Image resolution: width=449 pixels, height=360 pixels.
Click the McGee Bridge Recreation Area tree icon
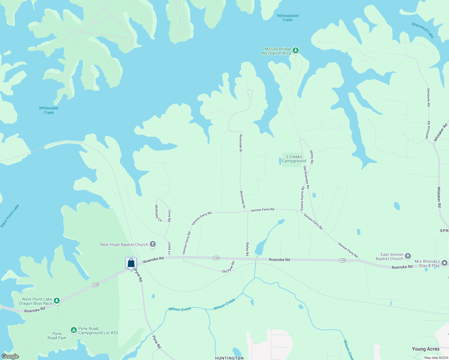(296, 50)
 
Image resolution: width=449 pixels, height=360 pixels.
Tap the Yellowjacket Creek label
(288, 18)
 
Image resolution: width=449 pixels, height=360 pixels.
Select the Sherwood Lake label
(423, 30)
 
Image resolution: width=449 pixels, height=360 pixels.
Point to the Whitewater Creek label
(49, 110)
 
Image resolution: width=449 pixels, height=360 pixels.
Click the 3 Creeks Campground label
(294, 159)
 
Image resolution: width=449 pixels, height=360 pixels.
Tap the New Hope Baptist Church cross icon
(153, 244)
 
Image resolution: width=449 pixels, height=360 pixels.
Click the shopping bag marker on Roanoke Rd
(131, 263)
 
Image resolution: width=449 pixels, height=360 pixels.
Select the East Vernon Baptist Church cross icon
(408, 256)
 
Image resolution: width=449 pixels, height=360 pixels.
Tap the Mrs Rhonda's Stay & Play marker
(444, 263)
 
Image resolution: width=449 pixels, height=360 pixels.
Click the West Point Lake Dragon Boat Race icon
(57, 301)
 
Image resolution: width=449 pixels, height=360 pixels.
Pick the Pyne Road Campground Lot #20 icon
(74, 330)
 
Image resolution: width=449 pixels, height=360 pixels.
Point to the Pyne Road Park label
(57, 336)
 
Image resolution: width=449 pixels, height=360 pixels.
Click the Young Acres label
(426, 349)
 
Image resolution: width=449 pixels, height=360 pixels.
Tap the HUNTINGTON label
(230, 358)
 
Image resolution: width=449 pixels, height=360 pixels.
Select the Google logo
(10, 356)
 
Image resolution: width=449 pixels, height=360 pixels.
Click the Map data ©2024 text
(436, 358)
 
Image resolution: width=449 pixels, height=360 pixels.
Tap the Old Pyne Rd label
(228, 267)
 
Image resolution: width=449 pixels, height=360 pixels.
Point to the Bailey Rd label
(247, 249)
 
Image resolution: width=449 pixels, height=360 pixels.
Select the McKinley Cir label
(158, 213)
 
